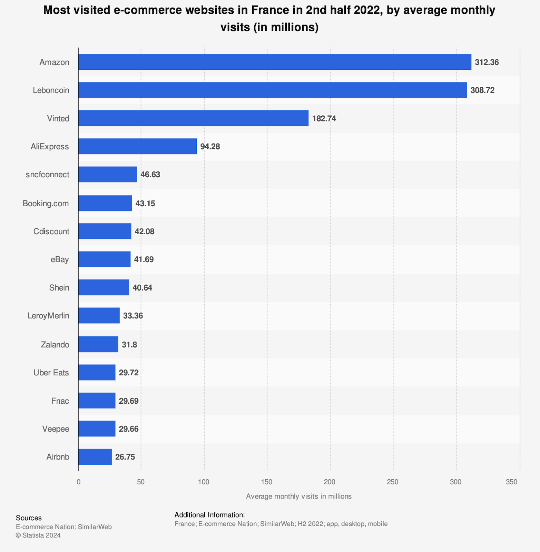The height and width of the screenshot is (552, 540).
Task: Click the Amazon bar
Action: click(275, 62)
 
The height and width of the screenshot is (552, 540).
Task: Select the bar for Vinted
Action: click(193, 118)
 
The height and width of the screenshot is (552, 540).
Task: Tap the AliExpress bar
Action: click(137, 146)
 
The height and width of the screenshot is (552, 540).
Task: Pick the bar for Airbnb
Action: click(95, 457)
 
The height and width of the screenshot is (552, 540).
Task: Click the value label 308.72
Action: click(482, 90)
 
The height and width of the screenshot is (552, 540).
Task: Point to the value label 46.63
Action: click(150, 175)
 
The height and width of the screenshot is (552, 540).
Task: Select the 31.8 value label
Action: click(129, 345)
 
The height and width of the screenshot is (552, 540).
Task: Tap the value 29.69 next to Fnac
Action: click(129, 401)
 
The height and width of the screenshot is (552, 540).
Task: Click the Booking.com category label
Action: click(46, 204)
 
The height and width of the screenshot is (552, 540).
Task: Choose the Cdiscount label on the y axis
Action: click(51, 231)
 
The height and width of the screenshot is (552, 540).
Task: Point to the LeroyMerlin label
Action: click(48, 316)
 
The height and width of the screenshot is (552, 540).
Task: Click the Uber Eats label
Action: click(51, 373)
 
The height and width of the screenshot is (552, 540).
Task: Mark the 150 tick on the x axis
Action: click(267, 482)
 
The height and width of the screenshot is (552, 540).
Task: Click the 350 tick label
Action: click(511, 482)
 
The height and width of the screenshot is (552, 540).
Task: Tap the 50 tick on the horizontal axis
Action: click(141, 482)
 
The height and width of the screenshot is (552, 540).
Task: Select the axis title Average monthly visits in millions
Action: click(299, 496)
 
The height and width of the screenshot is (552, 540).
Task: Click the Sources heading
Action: click(29, 518)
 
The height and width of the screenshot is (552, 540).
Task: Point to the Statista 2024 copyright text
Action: click(38, 535)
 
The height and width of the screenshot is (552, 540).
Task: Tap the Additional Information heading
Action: click(209, 515)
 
